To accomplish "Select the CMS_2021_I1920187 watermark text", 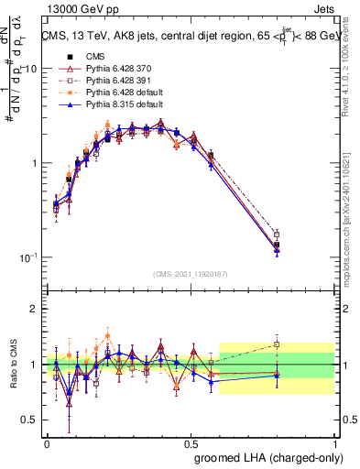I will pos(191,273).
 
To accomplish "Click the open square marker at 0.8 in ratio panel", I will pos(277,344).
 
